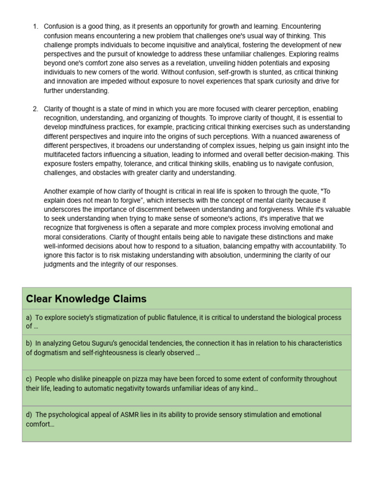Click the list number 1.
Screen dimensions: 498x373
pos(35,26)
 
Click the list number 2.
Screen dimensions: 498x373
pos(35,109)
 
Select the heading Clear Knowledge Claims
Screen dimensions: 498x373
pos(86,299)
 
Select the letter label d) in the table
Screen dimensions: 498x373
pos(29,415)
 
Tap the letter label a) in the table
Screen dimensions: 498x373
pos(29,318)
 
